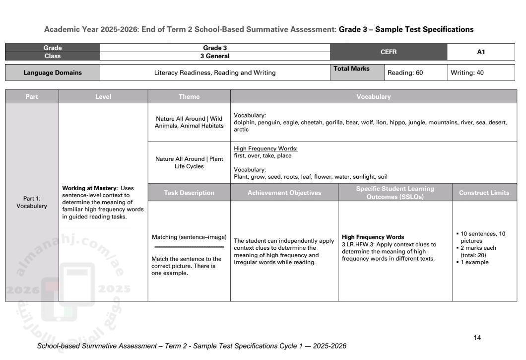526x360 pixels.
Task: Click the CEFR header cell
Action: click(388, 52)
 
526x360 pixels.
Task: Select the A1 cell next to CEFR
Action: click(480, 52)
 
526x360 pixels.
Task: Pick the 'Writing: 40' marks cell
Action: click(467, 73)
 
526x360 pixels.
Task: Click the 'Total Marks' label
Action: click(351, 69)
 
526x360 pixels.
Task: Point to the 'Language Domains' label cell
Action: click(53, 73)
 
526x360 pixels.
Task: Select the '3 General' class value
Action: click(214, 56)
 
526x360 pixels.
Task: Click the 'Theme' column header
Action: click(189, 97)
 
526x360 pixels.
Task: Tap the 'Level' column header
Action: click(103, 97)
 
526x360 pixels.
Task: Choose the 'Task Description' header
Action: click(189, 193)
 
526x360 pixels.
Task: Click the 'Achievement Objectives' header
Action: click(284, 193)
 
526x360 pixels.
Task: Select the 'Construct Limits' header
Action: click(484, 193)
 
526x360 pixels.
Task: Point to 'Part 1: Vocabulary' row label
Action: click(32, 202)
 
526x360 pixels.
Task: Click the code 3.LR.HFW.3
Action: click(360, 244)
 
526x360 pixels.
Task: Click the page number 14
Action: click(477, 338)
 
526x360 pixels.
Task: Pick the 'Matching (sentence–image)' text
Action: click(189, 237)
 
